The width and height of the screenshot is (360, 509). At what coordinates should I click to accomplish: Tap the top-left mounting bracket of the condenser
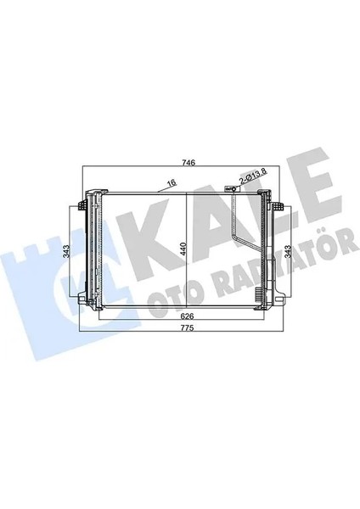pyautogui.click(x=82, y=205)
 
